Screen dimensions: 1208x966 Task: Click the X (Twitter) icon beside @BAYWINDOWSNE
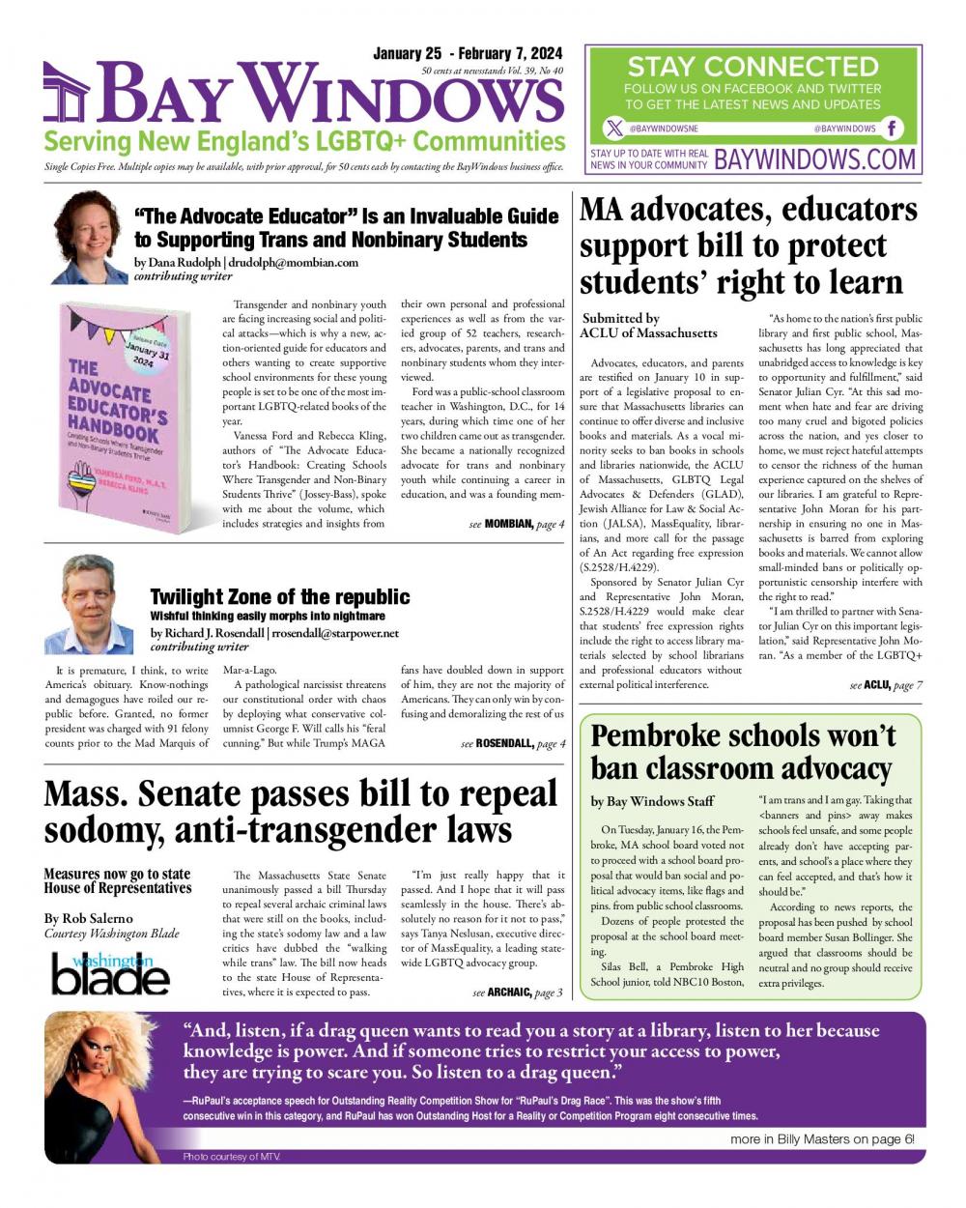click(614, 129)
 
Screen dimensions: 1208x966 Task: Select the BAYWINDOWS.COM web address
click(814, 158)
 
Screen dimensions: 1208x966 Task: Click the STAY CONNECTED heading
click(753, 67)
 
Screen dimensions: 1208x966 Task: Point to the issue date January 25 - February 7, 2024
click(468, 53)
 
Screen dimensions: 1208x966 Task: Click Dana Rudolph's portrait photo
click(87, 238)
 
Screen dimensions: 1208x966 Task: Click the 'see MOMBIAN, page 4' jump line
click(517, 524)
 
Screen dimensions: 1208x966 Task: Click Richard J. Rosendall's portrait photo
click(89, 607)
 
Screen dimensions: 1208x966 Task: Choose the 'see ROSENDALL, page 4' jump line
click(513, 743)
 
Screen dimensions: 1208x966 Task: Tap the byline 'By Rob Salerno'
click(89, 917)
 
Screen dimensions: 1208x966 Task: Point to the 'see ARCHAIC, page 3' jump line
click(517, 992)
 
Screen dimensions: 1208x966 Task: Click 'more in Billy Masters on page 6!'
click(821, 1139)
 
